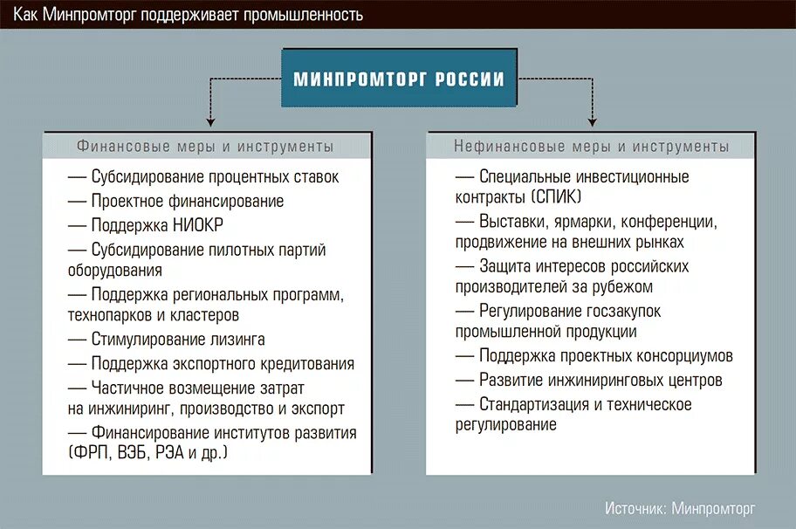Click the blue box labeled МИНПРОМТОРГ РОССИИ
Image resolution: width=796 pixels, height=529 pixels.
click(399, 79)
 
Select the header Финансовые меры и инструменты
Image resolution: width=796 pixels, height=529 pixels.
click(205, 147)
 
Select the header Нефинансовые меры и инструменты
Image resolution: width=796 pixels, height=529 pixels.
click(591, 147)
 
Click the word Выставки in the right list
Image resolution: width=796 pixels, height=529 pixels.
click(511, 221)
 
